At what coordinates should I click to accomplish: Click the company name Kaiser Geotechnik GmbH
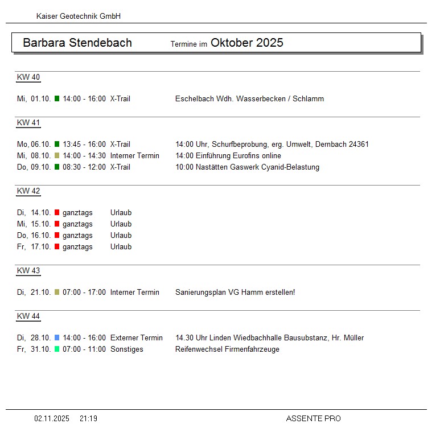[78, 17]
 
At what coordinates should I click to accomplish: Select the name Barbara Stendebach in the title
[77, 43]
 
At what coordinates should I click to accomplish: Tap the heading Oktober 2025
[246, 43]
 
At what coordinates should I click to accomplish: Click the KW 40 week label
[28, 77]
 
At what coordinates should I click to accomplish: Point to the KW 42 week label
[28, 191]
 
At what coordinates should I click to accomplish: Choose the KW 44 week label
[28, 316]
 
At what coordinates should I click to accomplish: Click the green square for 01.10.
[57, 99]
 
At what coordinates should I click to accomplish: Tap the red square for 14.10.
[57, 213]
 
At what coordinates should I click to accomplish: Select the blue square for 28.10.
[57, 338]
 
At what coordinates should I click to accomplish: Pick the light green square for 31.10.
[57, 349]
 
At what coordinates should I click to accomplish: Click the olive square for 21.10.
[57, 293]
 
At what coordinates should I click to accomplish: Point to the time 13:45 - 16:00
[84, 145]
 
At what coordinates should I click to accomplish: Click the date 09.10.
[41, 167]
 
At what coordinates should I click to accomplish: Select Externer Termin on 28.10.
[136, 338]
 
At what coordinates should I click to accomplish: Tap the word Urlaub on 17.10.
[121, 247]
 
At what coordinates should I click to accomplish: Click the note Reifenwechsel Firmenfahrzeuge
[227, 349]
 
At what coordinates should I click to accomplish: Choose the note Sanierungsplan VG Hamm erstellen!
[235, 293]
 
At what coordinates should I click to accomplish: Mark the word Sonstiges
[126, 349]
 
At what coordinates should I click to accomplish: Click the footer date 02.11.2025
[52, 419]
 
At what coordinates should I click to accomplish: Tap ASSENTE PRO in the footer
[313, 419]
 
